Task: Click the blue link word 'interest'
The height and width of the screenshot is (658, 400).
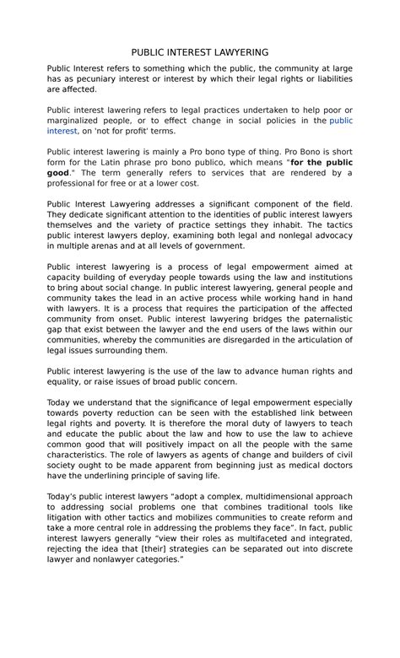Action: click(x=62, y=132)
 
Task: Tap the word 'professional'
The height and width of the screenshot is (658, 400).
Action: click(x=75, y=184)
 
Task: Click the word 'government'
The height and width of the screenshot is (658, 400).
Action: click(x=218, y=246)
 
